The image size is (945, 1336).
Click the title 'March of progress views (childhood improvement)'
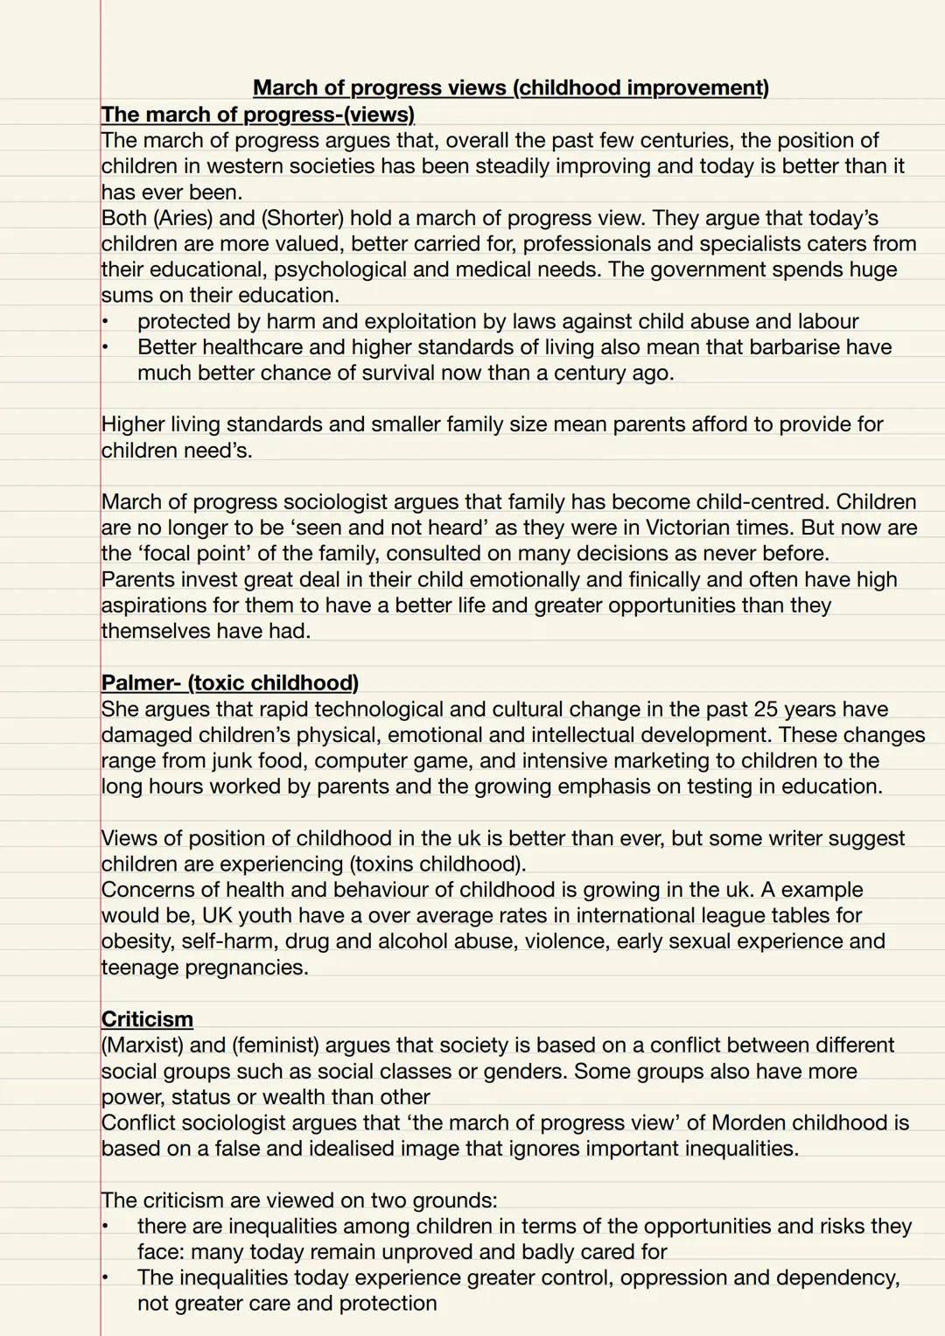pos(511,87)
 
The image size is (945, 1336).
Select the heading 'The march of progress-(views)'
pos(258,115)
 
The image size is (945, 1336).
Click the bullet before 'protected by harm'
pos(105,321)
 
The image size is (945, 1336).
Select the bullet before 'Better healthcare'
pos(105,347)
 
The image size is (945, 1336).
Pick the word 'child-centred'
pos(762,502)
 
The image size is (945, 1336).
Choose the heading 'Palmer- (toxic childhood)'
pos(230,682)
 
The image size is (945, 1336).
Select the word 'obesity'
pos(136,941)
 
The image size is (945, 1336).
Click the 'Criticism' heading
pos(147,1019)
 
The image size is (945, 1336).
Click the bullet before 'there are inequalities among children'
pos(105,1226)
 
